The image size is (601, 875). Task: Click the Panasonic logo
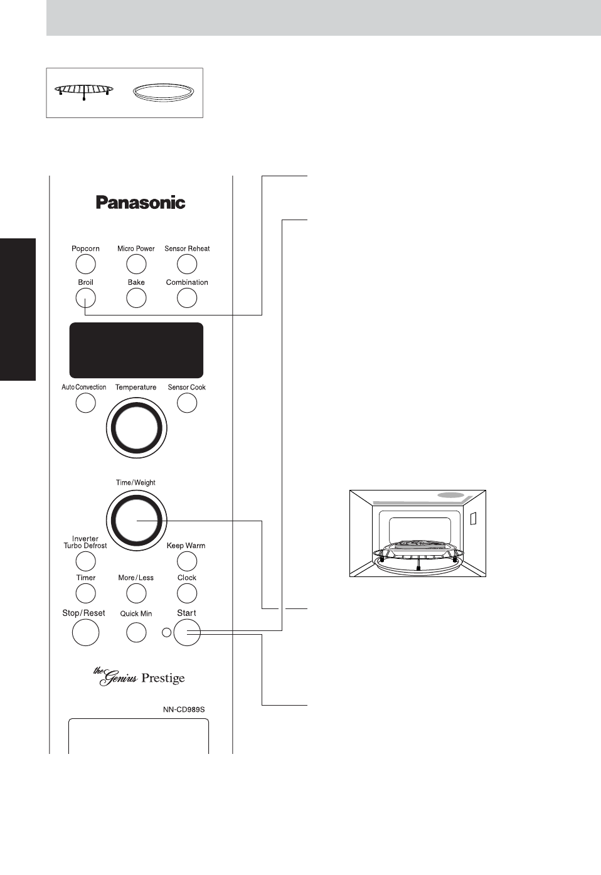141,203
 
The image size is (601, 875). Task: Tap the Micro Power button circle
136,264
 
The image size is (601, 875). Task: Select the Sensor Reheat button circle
187,264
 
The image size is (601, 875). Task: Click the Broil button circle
85,298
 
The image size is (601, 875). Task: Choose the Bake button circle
136,298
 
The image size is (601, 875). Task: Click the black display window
136,350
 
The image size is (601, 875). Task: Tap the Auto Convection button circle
85,403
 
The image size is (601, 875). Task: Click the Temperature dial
136,428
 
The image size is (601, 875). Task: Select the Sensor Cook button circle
187,403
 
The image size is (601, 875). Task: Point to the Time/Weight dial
136,521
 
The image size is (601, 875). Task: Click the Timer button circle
85,593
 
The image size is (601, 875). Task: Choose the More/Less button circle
136,593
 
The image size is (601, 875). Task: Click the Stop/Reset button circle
85,632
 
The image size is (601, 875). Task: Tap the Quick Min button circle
136,632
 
